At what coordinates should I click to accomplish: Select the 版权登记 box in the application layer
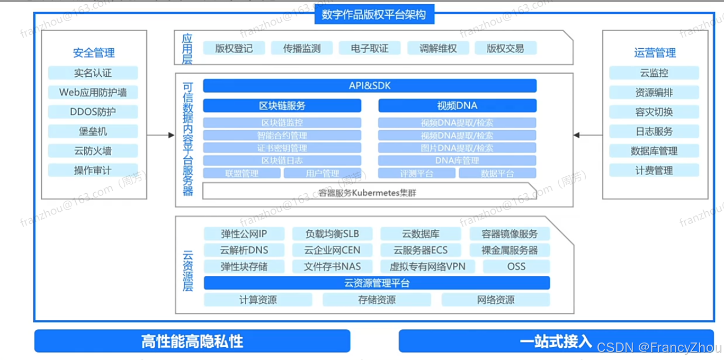point(234,48)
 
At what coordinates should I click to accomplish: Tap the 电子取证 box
point(369,48)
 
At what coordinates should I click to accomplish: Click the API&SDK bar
point(370,86)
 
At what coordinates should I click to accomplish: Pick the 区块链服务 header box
point(282,105)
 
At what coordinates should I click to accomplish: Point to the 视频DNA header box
point(457,105)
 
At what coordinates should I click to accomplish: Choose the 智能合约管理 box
point(282,136)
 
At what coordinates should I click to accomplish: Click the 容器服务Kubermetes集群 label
point(368,193)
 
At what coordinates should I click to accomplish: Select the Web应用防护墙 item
point(93,92)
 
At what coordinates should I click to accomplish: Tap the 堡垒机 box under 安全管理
point(93,131)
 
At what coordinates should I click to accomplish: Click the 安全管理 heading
point(94,53)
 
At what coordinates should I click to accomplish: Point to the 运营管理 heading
point(655,53)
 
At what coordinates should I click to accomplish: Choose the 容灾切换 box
point(654,112)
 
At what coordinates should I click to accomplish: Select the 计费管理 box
point(654,170)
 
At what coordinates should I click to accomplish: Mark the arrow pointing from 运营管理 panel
point(588,136)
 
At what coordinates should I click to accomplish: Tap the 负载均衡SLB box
point(332,234)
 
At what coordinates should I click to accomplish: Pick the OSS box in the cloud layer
point(516,266)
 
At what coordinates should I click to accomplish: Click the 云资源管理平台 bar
point(377,283)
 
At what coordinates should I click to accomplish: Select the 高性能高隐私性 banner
point(192,341)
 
